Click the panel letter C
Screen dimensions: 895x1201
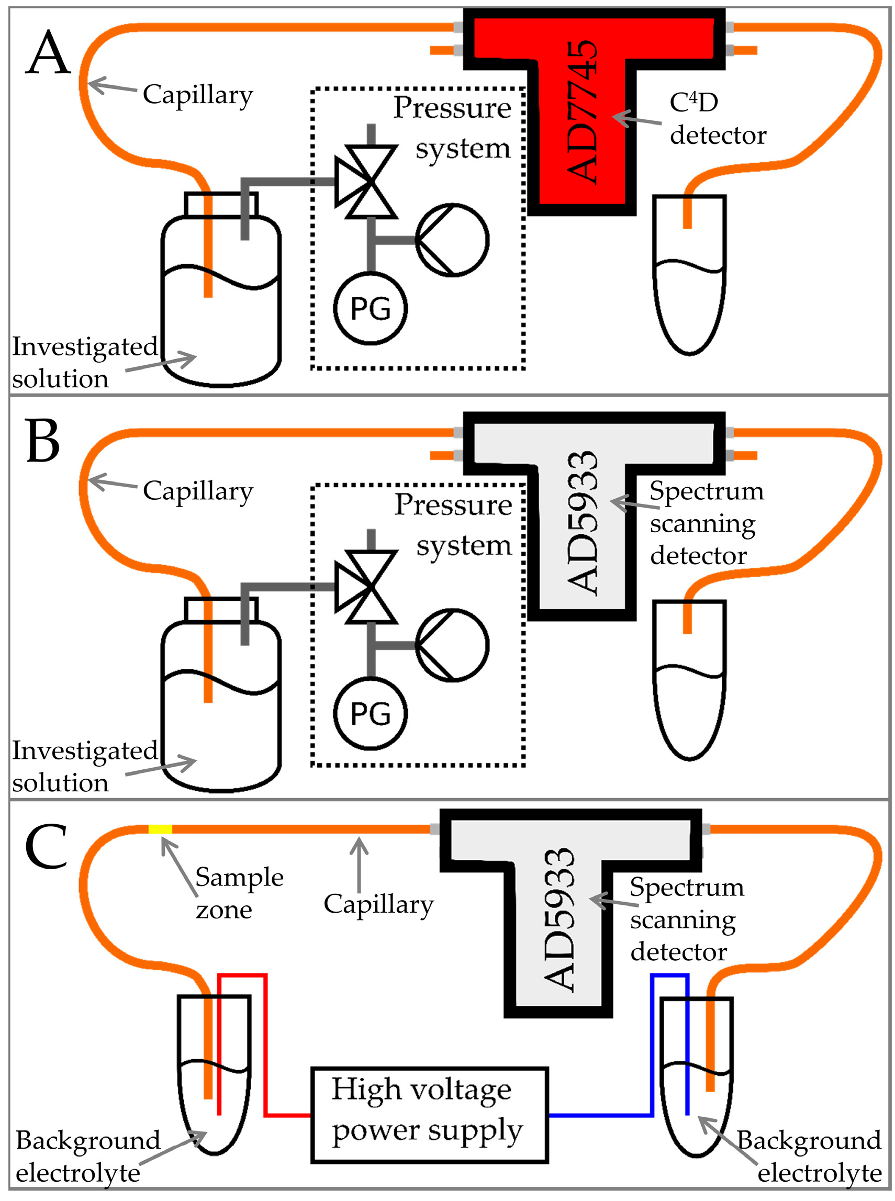(46, 846)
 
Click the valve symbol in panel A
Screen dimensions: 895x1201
(367, 182)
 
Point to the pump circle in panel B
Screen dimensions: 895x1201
(452, 645)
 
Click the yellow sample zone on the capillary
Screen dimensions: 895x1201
(160, 829)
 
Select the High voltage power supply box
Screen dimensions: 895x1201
(430, 1115)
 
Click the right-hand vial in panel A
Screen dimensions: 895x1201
(689, 275)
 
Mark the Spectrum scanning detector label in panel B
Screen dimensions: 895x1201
(707, 523)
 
